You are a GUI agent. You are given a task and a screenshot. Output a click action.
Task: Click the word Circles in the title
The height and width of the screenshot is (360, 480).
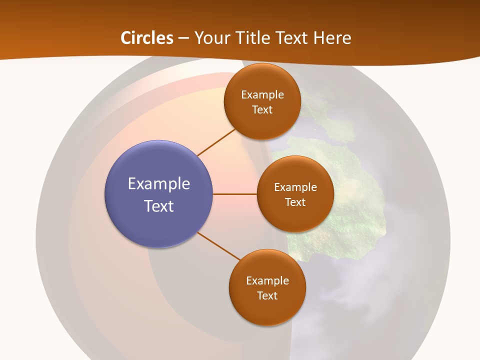[x=147, y=38]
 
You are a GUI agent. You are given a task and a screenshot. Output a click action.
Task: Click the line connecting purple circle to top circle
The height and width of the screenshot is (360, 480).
[x=216, y=142]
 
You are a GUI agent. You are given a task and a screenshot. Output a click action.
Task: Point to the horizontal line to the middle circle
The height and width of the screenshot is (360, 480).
[x=235, y=194]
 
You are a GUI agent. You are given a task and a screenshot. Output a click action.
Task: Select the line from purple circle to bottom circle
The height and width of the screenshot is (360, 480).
[x=219, y=246]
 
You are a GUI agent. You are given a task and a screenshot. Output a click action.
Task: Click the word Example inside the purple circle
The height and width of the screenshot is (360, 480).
[x=159, y=184]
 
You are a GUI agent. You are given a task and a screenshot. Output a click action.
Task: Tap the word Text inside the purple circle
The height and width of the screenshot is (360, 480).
[x=159, y=206]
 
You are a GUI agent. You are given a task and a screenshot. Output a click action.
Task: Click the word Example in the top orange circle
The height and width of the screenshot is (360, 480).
[x=262, y=95]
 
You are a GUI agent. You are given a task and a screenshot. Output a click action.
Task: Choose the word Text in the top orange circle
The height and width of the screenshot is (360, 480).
[x=262, y=109]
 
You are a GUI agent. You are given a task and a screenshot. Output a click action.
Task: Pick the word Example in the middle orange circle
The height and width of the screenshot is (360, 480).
[x=295, y=187]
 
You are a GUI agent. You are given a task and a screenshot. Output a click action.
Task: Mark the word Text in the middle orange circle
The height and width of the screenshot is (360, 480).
[x=295, y=202]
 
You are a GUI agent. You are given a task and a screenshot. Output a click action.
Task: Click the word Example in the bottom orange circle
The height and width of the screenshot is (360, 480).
[x=267, y=281]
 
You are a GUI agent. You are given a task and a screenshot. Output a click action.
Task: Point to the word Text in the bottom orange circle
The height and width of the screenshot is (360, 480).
[x=267, y=295]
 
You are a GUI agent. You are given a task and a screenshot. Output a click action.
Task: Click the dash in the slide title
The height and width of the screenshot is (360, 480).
[x=183, y=38]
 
